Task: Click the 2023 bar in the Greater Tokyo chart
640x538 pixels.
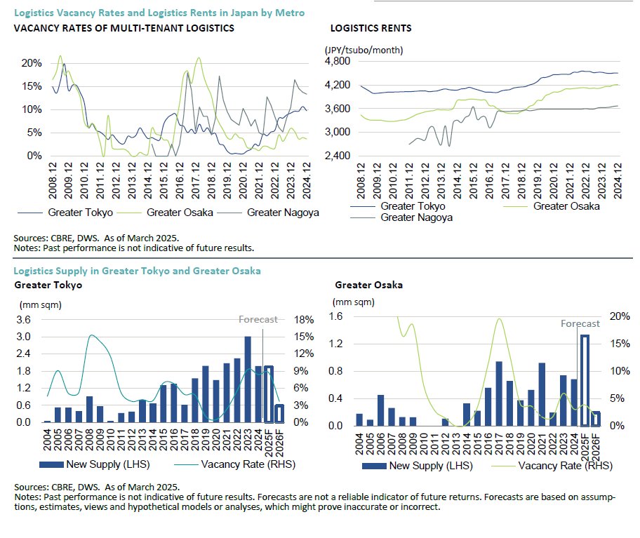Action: pos(248,379)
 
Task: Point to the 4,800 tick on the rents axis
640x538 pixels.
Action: pos(338,62)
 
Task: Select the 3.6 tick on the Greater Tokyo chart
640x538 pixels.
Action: pos(23,320)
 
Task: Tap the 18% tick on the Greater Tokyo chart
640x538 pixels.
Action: pos(302,320)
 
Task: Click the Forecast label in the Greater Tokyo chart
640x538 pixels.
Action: pos(258,319)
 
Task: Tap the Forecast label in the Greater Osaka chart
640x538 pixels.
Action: pos(580,324)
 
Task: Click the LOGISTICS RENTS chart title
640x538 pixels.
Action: pos(371,29)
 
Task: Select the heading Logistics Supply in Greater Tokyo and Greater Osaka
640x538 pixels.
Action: pos(138,270)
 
